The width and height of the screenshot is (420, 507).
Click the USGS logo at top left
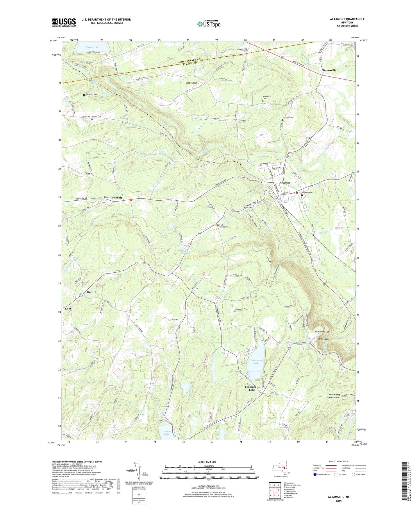(64, 22)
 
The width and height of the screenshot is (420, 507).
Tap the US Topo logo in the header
(208, 24)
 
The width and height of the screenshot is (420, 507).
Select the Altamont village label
(285, 183)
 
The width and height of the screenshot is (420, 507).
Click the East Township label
(113, 197)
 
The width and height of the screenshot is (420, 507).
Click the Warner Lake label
(167, 433)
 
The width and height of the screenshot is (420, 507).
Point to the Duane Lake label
(92, 47)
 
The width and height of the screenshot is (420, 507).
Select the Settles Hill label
(191, 83)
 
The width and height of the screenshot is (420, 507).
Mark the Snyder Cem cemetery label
(97, 117)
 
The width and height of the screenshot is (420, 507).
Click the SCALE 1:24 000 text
(207, 462)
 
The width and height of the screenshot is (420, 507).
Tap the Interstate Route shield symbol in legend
(315, 474)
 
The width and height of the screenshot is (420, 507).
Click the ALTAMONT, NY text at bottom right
(339, 497)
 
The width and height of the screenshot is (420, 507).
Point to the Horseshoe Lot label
(322, 332)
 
